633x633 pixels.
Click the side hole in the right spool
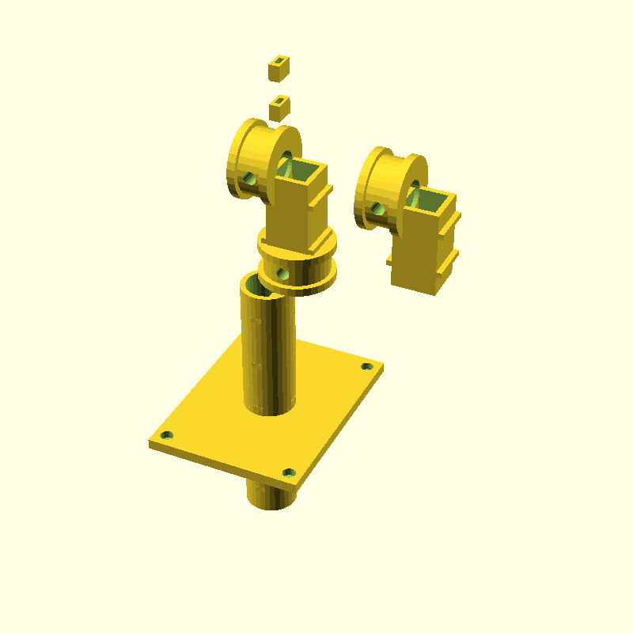coord(376,208)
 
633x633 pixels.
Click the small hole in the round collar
coord(281,274)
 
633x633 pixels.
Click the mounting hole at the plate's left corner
coord(167,435)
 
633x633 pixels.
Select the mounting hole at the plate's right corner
coord(366,366)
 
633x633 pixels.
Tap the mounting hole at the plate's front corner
coord(288,473)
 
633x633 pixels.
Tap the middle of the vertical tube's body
coord(269,348)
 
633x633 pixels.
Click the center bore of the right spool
coord(414,191)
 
